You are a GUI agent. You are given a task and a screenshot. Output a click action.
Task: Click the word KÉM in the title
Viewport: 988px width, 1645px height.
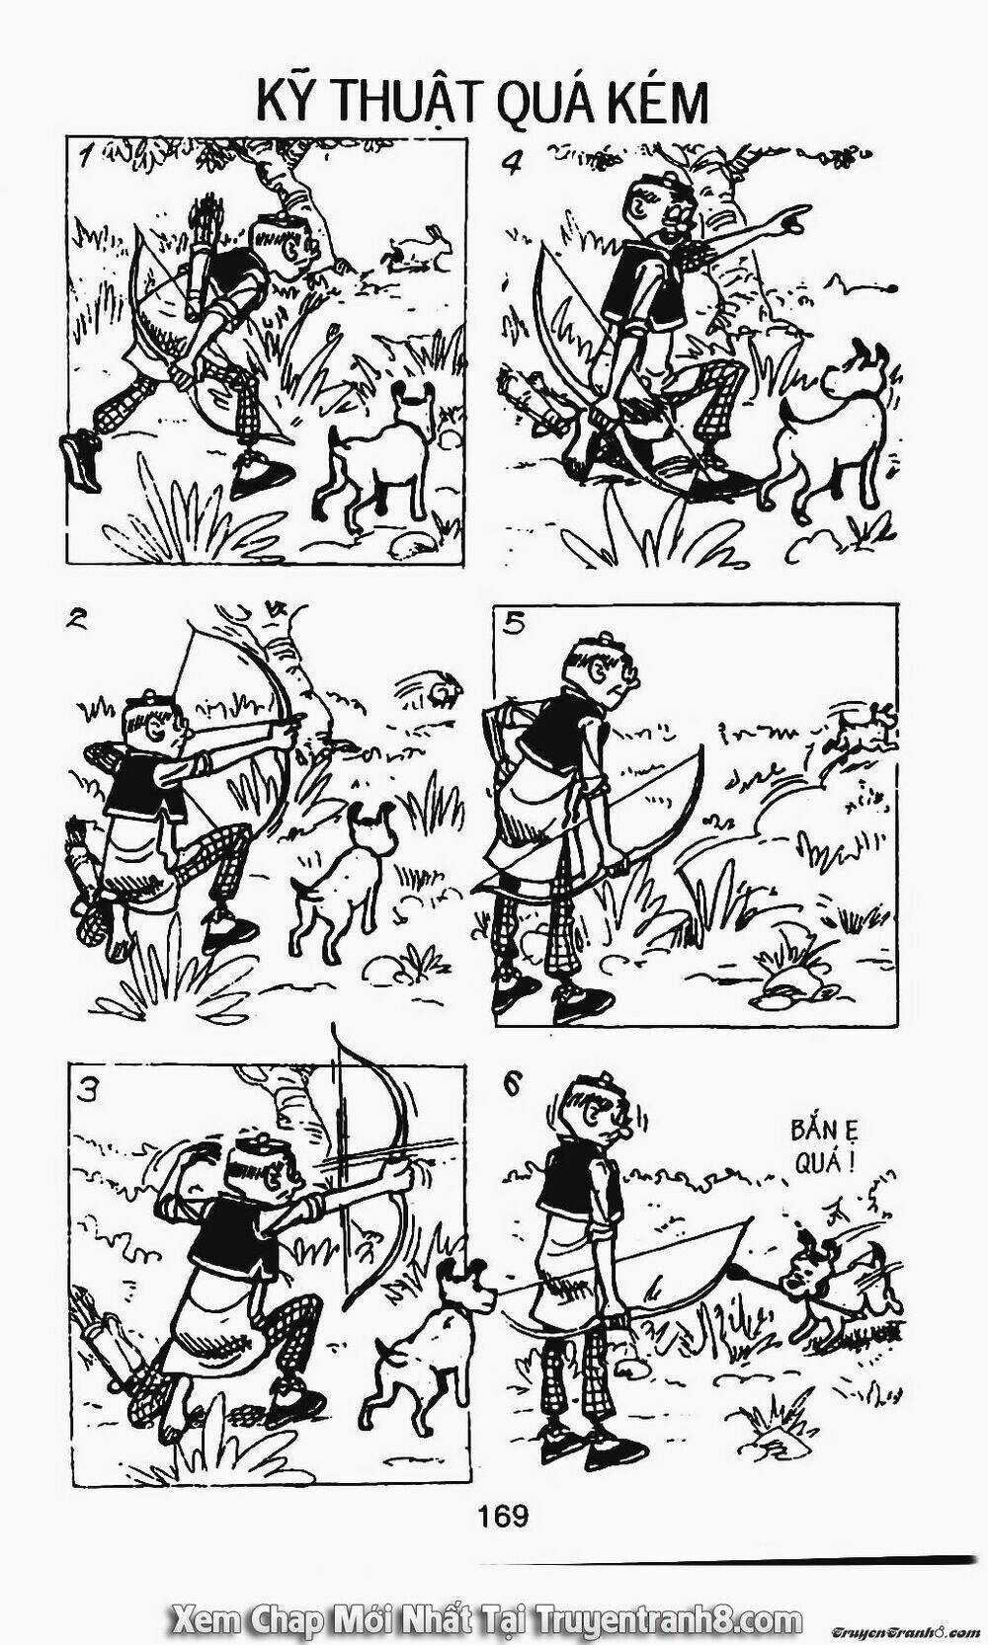point(657,102)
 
